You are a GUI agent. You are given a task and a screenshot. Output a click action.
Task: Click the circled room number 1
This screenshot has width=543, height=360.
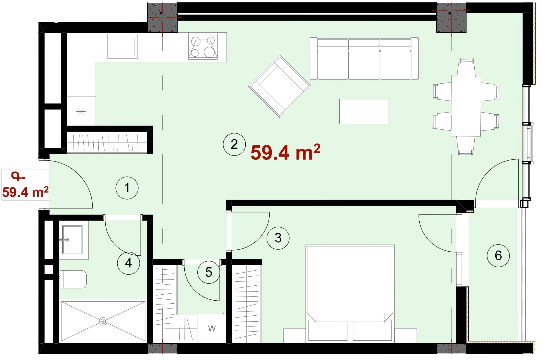pyautogui.click(x=127, y=188)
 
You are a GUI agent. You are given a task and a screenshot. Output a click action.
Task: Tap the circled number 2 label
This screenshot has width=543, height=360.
pyautogui.click(x=234, y=144)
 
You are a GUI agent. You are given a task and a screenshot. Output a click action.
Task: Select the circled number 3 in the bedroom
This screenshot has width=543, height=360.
pyautogui.click(x=278, y=238)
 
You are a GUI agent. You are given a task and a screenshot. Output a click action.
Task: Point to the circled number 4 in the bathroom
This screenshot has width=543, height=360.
pyautogui.click(x=129, y=263)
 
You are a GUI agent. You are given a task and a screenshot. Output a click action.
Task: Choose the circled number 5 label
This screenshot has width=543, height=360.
pyautogui.click(x=209, y=272)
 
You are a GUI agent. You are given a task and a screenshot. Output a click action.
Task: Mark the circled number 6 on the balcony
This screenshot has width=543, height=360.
pyautogui.click(x=498, y=255)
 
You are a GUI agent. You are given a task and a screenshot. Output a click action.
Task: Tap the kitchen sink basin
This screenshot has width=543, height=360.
pyautogui.click(x=122, y=46)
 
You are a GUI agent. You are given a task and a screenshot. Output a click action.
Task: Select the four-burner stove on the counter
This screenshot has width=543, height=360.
pyautogui.click(x=203, y=46)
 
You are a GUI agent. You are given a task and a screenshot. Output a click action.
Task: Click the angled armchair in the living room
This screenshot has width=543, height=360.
pyautogui.click(x=280, y=86)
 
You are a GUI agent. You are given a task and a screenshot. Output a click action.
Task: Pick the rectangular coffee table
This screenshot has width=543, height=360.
pyautogui.click(x=364, y=111)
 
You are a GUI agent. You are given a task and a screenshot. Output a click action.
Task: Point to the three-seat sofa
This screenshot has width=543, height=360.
pyautogui.click(x=364, y=59)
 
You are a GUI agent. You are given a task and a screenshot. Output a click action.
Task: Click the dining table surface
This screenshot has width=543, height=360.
pyautogui.click(x=466, y=106)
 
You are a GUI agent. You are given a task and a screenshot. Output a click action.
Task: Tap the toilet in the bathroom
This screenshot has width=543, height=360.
pyautogui.click(x=73, y=279)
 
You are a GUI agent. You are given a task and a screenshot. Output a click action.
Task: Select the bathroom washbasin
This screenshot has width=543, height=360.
pyautogui.click(x=72, y=240)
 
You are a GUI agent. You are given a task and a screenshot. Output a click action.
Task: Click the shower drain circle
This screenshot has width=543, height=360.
pyautogui.click(x=103, y=321)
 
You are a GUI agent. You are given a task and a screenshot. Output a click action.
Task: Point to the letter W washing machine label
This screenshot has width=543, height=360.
pyautogui.click(x=212, y=329)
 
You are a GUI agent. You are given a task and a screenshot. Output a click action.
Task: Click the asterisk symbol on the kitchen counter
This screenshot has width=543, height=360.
pyautogui.click(x=81, y=112)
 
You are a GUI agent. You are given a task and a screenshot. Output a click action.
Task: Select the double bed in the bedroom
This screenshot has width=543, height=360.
pyautogui.click(x=350, y=294)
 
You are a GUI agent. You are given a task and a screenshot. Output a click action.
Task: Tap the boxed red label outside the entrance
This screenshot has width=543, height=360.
pyautogui.click(x=25, y=185)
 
